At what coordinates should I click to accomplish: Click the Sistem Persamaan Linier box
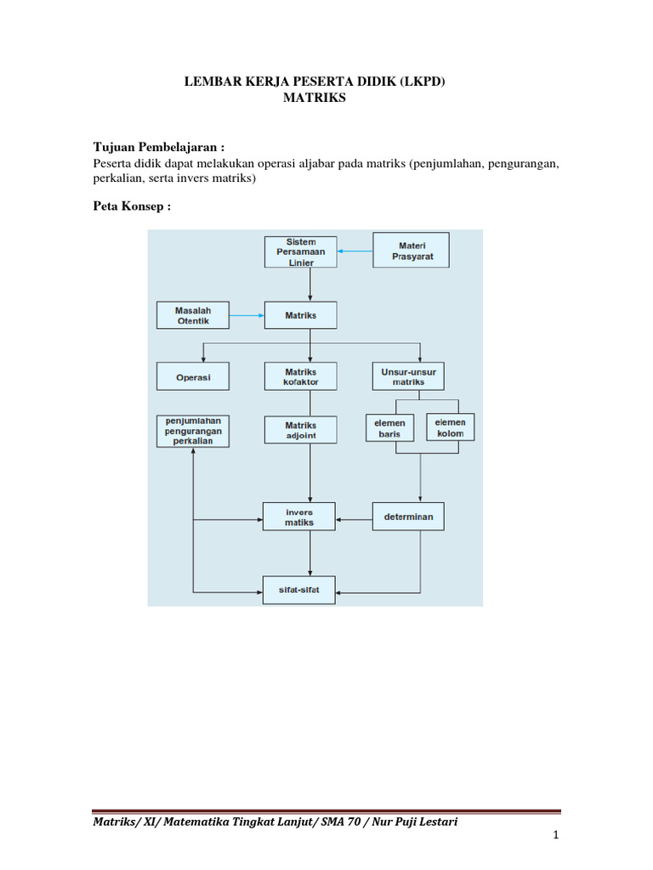point(301,251)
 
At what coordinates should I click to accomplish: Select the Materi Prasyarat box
point(412,250)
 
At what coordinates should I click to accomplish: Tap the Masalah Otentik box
point(193,315)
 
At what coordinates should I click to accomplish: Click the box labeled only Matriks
point(301,316)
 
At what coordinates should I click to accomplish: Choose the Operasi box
point(193,376)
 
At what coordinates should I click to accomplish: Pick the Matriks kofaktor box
point(301,376)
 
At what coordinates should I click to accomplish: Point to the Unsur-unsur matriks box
point(409,376)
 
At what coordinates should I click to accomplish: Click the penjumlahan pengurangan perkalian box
point(193,431)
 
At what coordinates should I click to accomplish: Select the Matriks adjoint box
point(301,430)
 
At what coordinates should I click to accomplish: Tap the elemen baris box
point(389,428)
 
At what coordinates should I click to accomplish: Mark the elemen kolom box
point(451,427)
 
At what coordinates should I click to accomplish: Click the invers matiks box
point(300,517)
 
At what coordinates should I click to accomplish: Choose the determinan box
point(409,517)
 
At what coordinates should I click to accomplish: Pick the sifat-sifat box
point(300,588)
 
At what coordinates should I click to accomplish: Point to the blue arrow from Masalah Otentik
point(247,316)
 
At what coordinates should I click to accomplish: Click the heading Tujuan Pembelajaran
point(158,147)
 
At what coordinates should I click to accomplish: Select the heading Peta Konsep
point(132,206)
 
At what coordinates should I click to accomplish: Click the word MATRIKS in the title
point(315,99)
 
